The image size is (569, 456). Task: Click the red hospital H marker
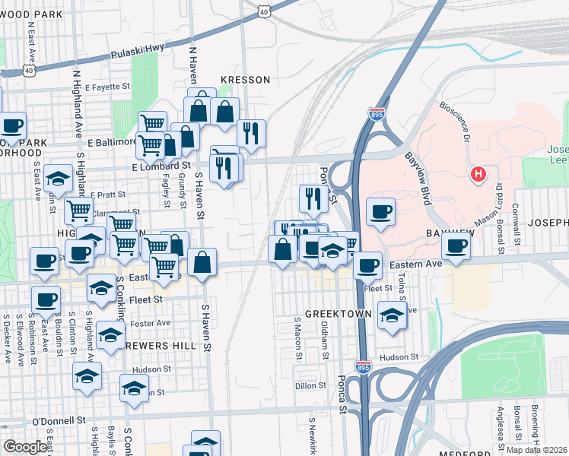pyautogui.click(x=478, y=175)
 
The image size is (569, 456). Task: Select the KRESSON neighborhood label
pyautogui.click(x=245, y=80)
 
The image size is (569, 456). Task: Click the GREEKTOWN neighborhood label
pyautogui.click(x=338, y=314)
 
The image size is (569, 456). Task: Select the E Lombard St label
pyautogui.click(x=161, y=166)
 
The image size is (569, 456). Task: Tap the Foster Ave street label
pyautogui.click(x=150, y=323)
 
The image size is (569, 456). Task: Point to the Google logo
pyautogui.click(x=25, y=446)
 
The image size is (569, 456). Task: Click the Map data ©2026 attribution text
pyautogui.click(x=536, y=450)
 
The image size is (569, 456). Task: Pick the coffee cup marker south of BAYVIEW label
pyautogui.click(x=456, y=246)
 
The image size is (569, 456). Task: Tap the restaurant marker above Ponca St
pyautogui.click(x=313, y=198)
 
